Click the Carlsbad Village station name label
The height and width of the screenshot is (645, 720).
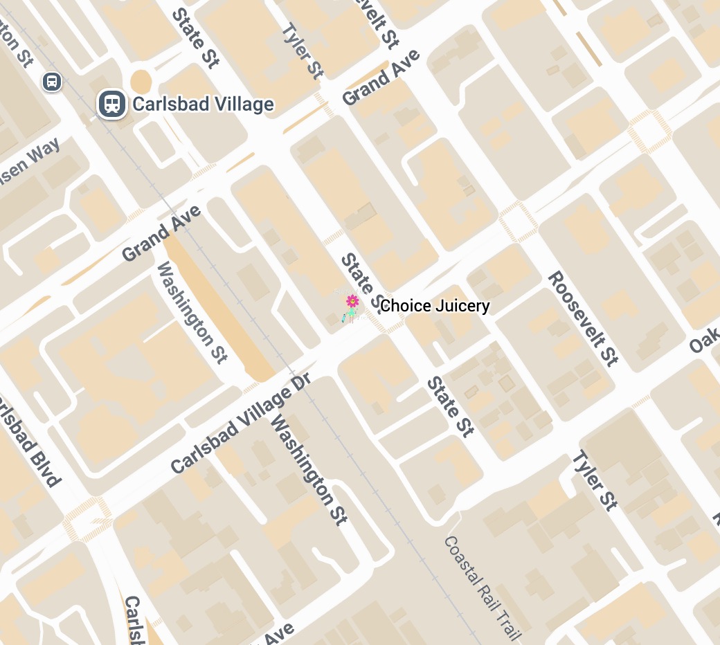coord(203,105)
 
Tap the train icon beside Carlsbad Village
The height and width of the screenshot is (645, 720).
coord(111,105)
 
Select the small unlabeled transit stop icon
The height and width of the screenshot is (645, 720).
coord(51,82)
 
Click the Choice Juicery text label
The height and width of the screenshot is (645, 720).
coord(435,306)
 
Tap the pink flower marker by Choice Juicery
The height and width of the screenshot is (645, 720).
coord(352,301)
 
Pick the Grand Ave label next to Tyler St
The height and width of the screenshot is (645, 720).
coord(381,78)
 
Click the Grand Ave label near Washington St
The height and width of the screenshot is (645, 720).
coord(161,233)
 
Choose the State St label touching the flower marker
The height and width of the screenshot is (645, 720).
coord(361,280)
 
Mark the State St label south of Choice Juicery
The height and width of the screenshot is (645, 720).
coord(450,407)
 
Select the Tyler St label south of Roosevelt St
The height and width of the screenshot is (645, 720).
coord(593,480)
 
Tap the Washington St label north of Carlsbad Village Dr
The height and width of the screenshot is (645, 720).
coord(192,312)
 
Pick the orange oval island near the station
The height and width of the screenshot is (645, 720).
coord(141,82)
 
